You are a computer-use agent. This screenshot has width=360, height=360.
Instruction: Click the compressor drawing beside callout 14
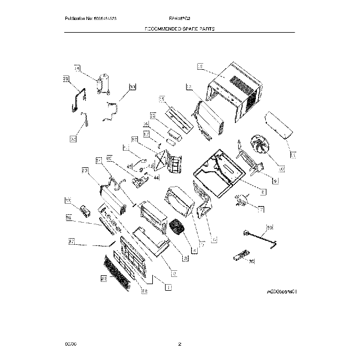coord(101,84)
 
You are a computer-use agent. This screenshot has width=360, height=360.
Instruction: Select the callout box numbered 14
coord(77,69)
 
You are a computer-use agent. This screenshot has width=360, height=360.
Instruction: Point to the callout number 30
coord(132,87)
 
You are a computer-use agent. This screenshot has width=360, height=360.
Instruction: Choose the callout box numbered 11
coord(293,154)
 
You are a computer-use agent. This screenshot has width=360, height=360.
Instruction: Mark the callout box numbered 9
coord(275,181)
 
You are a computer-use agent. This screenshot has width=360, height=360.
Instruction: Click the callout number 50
coord(270,227)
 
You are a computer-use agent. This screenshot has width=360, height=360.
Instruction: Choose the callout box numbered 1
coord(168,287)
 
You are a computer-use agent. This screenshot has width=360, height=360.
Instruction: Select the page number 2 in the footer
coord(179,344)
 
